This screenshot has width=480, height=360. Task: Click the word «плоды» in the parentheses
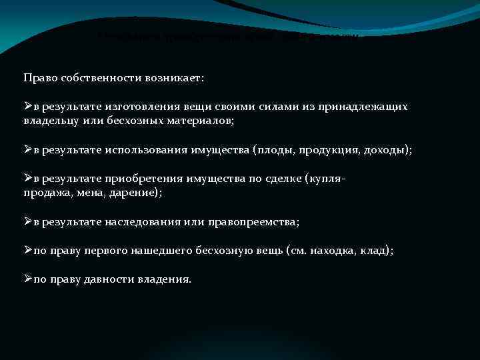click(x=275, y=150)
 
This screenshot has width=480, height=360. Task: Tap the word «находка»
click(x=333, y=251)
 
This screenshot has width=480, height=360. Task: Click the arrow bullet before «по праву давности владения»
click(x=27, y=279)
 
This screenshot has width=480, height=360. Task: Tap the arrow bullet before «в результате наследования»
click(x=27, y=221)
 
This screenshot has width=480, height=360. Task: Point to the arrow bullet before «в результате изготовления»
click(x=27, y=106)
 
